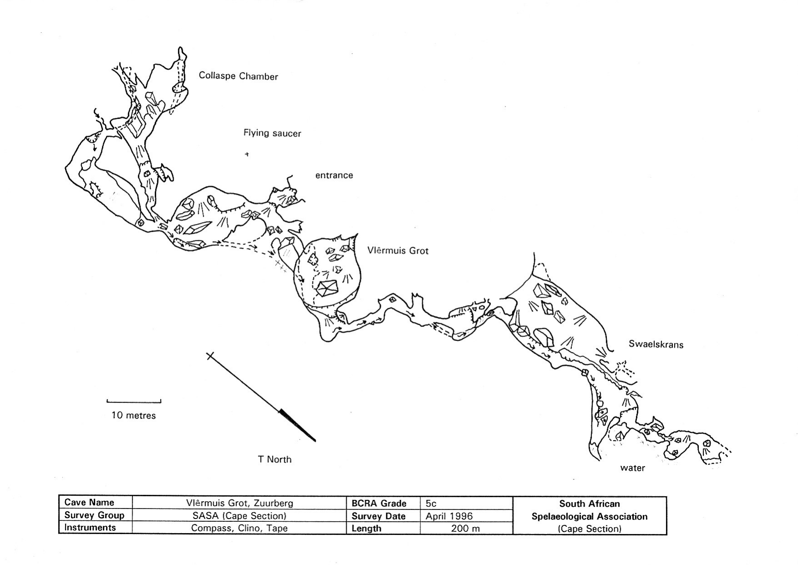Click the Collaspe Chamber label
coord(238,76)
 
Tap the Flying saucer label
coord(272,133)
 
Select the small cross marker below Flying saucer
coord(247,154)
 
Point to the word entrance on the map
coord(334,175)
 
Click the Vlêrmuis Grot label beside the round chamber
coord(398,250)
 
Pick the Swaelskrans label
coord(656,344)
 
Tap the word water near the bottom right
coord(632,468)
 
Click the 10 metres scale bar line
coord(134,402)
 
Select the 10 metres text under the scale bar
coord(134,415)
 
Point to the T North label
coord(274,459)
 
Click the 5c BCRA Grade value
coord(431,504)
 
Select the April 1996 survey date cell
coord(449,516)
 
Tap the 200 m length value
coord(465,529)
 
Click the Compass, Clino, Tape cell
coord(239,528)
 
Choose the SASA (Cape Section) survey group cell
coord(239,516)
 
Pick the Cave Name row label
coord(89,503)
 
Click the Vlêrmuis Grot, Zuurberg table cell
coord(239,503)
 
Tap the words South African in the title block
coord(589,504)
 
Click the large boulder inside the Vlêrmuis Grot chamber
coord(327,288)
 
